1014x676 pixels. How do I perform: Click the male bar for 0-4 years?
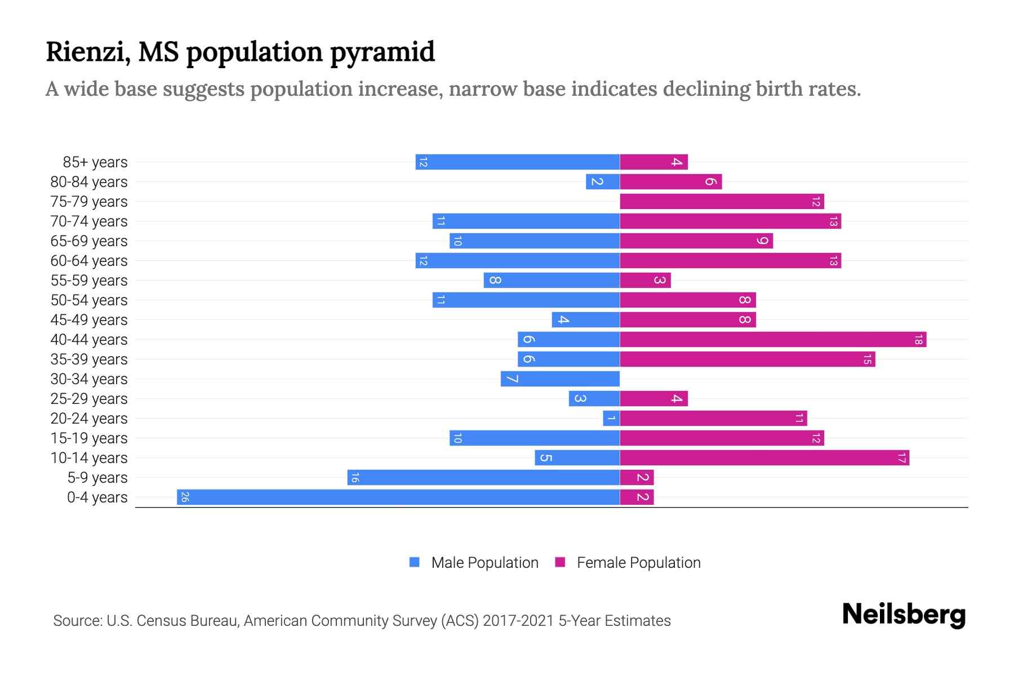[398, 497]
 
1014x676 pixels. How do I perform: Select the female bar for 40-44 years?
[772, 340]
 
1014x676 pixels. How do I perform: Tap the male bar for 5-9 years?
[483, 477]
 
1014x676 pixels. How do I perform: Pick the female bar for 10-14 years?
[764, 457]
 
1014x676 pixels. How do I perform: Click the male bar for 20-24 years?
[611, 418]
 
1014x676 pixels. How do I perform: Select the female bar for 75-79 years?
[721, 202]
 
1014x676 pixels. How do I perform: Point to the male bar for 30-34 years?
[560, 379]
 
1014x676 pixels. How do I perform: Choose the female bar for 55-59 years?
[645, 280]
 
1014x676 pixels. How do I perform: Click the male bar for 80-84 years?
[603, 181]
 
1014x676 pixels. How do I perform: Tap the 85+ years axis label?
[95, 162]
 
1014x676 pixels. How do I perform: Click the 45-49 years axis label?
[89, 320]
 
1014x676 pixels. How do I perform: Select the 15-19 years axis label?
[89, 438]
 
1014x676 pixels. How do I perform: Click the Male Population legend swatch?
[415, 562]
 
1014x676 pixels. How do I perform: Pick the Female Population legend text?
[638, 562]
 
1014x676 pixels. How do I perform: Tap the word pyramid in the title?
[382, 52]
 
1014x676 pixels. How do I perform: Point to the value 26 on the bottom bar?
[185, 497]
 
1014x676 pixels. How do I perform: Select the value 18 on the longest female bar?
[918, 340]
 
